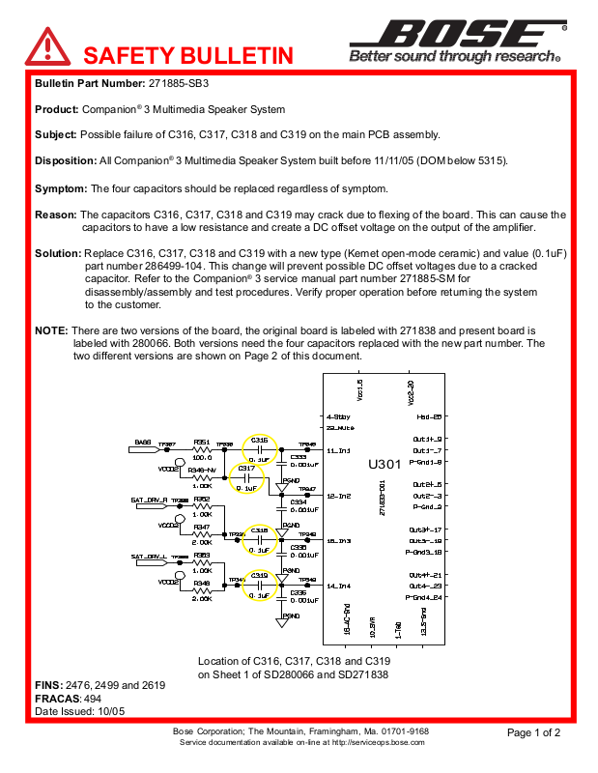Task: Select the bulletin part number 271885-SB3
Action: click(179, 84)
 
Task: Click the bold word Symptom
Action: click(60, 187)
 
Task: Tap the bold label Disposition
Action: click(65, 160)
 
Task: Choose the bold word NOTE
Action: click(51, 330)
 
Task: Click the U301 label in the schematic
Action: click(384, 465)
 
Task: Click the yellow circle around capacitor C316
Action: click(259, 449)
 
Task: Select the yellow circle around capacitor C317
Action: click(247, 478)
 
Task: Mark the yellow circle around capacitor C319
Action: click(259, 586)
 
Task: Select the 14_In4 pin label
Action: click(339, 587)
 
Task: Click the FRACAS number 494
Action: click(93, 698)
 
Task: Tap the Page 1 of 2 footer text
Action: click(533, 732)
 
